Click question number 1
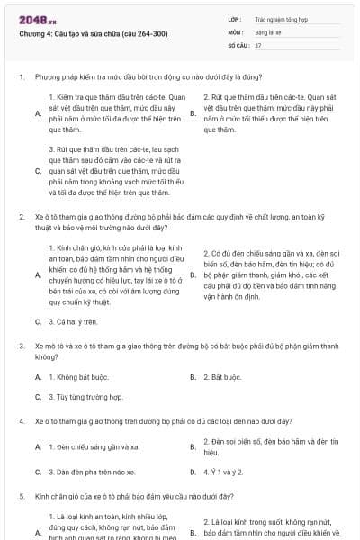[x=21, y=78]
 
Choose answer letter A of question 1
[x=38, y=113]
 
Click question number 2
[x=21, y=217]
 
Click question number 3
[x=21, y=345]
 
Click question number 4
[x=21, y=421]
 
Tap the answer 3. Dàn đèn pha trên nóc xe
[x=92, y=472]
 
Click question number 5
[x=21, y=496]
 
